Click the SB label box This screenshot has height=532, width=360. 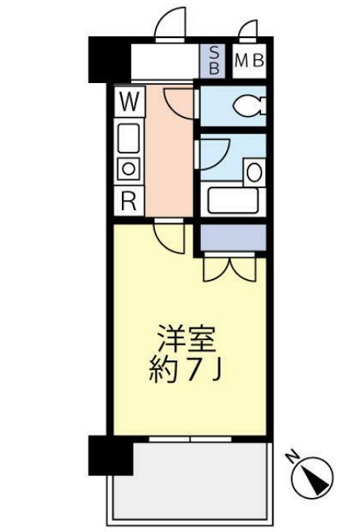point(212,61)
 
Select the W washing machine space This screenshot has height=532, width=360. point(129,101)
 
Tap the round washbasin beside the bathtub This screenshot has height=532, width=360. point(254,169)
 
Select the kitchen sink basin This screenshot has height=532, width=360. point(128,140)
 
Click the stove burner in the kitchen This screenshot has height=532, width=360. point(128,168)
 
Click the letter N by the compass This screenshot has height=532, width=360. point(291,456)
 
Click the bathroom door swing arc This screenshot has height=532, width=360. point(214,150)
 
